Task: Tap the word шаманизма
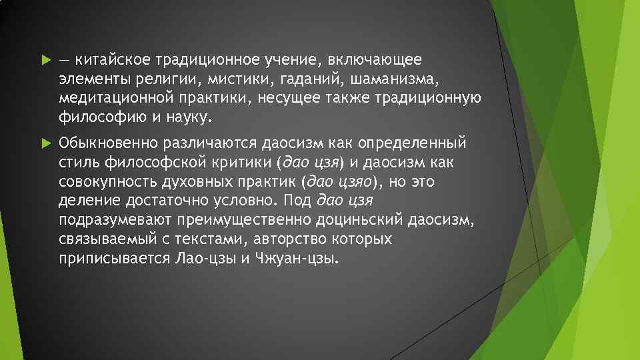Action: pyautogui.click(x=397, y=79)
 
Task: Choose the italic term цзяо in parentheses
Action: pyautogui.click(x=353, y=181)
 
